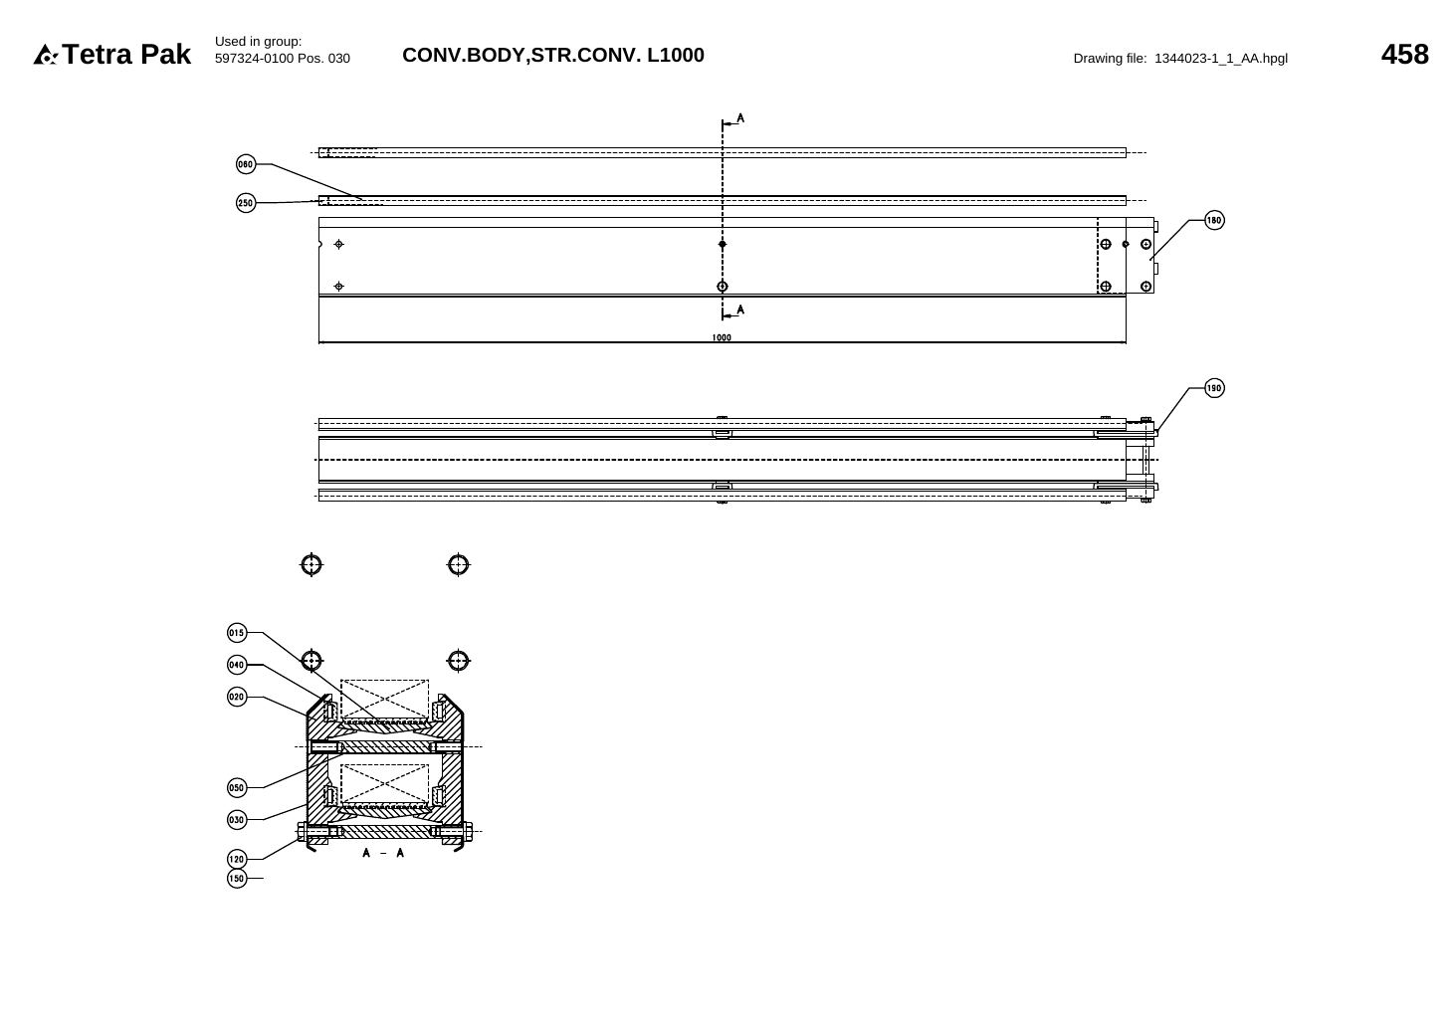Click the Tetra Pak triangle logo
tap(45, 55)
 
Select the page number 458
tap(1404, 54)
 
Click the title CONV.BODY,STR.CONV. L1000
tap(552, 55)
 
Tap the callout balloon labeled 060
tap(246, 164)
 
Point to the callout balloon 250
tap(246, 203)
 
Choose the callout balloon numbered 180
tap(1214, 220)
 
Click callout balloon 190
tap(1214, 388)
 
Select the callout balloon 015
tap(237, 633)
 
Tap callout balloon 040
tap(237, 665)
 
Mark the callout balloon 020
tap(237, 697)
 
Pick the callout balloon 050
tap(237, 788)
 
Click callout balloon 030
tap(237, 820)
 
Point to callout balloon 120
tap(237, 859)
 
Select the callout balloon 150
tap(237, 879)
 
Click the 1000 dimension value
tap(722, 337)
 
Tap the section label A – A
tap(383, 853)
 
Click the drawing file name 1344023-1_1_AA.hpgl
tap(1220, 59)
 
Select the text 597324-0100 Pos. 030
tap(283, 59)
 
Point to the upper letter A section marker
tap(740, 118)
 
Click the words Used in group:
tap(259, 42)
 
